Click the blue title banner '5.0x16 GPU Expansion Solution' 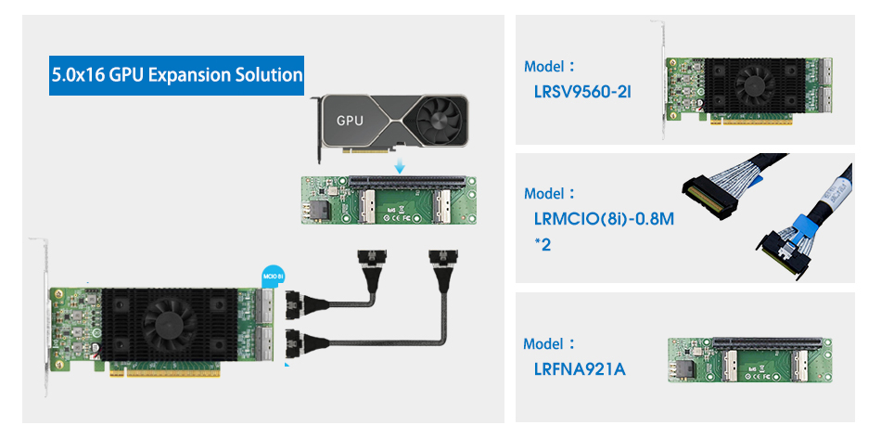click(177, 74)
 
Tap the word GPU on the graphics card click(350, 121)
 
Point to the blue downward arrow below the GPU click(399, 165)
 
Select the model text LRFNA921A click(580, 370)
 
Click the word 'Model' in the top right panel click(544, 67)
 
